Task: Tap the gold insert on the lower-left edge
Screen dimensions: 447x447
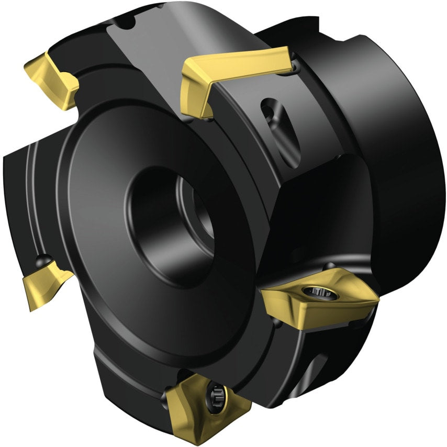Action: pyautogui.click(x=44, y=283)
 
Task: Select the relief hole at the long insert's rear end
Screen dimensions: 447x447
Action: pyautogui.click(x=295, y=67)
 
